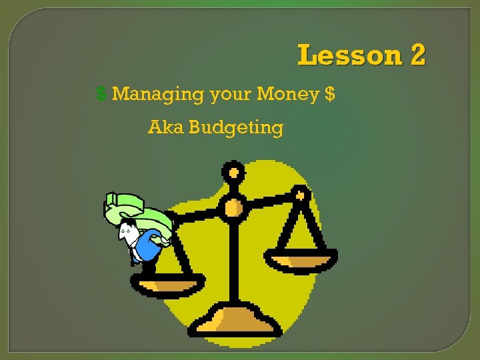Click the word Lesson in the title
pyautogui.click(x=347, y=55)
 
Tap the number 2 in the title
pyautogui.click(x=418, y=55)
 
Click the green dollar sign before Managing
pyautogui.click(x=101, y=94)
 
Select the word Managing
pyautogui.click(x=158, y=95)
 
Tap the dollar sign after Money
pyautogui.click(x=330, y=94)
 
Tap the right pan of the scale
pyautogui.click(x=301, y=259)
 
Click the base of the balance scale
pyautogui.click(x=234, y=319)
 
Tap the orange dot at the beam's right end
pyautogui.click(x=300, y=196)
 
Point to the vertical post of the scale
pyautogui.click(x=233, y=260)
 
